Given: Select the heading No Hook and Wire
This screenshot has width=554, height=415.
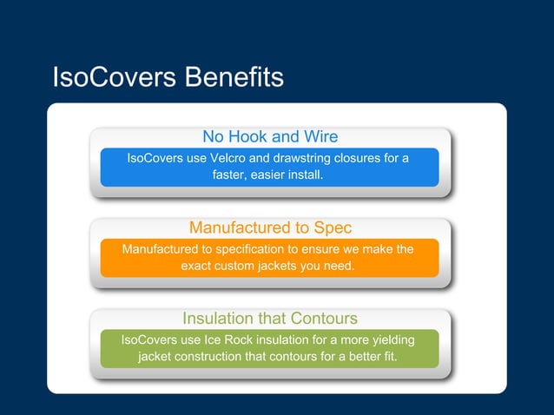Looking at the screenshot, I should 270,136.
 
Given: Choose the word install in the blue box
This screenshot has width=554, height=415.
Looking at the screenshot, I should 305,175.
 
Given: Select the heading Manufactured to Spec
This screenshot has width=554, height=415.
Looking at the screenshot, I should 270,227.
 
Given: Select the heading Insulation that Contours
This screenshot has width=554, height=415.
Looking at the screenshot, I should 270,318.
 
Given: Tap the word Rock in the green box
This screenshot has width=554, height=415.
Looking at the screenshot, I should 236,340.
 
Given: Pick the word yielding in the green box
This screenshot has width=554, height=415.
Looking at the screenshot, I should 393,340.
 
